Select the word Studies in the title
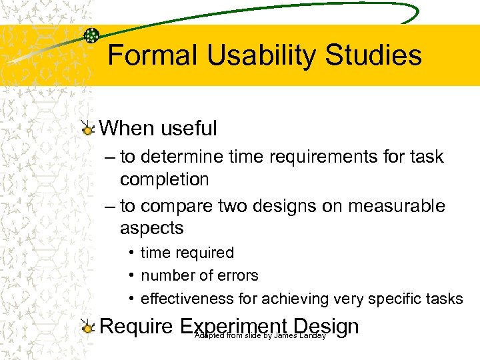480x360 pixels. tap(373, 55)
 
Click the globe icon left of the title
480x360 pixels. tap(93, 36)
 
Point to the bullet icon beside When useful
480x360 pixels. tap(87, 129)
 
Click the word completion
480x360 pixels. tap(164, 179)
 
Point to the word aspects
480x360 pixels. tap(151, 228)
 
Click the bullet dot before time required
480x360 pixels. tap(133, 253)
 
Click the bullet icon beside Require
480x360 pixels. tap(87, 327)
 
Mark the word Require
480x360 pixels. tap(137, 326)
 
